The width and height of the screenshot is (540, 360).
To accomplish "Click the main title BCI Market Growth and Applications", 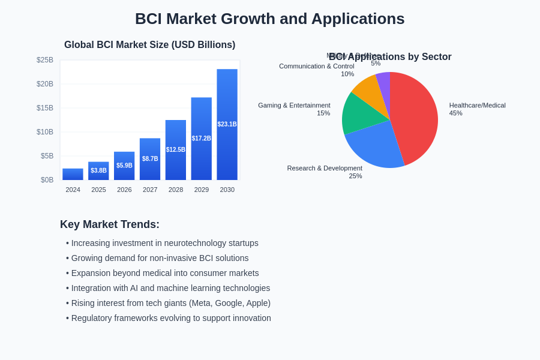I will tap(269, 19).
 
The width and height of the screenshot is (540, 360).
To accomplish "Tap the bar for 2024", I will tap(73, 175).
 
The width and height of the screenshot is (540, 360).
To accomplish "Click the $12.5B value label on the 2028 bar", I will tap(176, 150).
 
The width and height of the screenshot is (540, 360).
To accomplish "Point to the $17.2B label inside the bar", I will tap(202, 139).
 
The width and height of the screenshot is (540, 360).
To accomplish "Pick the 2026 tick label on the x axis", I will tap(124, 190).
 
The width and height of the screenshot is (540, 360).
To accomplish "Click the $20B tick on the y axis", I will tap(45, 84).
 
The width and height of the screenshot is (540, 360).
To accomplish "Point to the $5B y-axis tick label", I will tap(47, 156).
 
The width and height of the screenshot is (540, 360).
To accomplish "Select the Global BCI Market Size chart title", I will tap(149, 45).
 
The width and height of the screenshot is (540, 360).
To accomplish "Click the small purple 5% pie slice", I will tap(383, 81).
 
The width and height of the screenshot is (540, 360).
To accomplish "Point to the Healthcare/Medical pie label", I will tap(477, 106).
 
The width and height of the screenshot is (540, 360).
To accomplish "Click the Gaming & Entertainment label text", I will tap(294, 106).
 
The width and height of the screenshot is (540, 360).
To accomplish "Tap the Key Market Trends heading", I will tap(110, 224).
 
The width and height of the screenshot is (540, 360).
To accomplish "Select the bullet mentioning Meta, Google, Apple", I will tap(170, 303).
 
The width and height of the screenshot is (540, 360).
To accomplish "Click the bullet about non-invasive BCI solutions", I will tap(160, 258).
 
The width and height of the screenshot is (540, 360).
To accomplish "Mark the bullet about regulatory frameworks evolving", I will tap(171, 318).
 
